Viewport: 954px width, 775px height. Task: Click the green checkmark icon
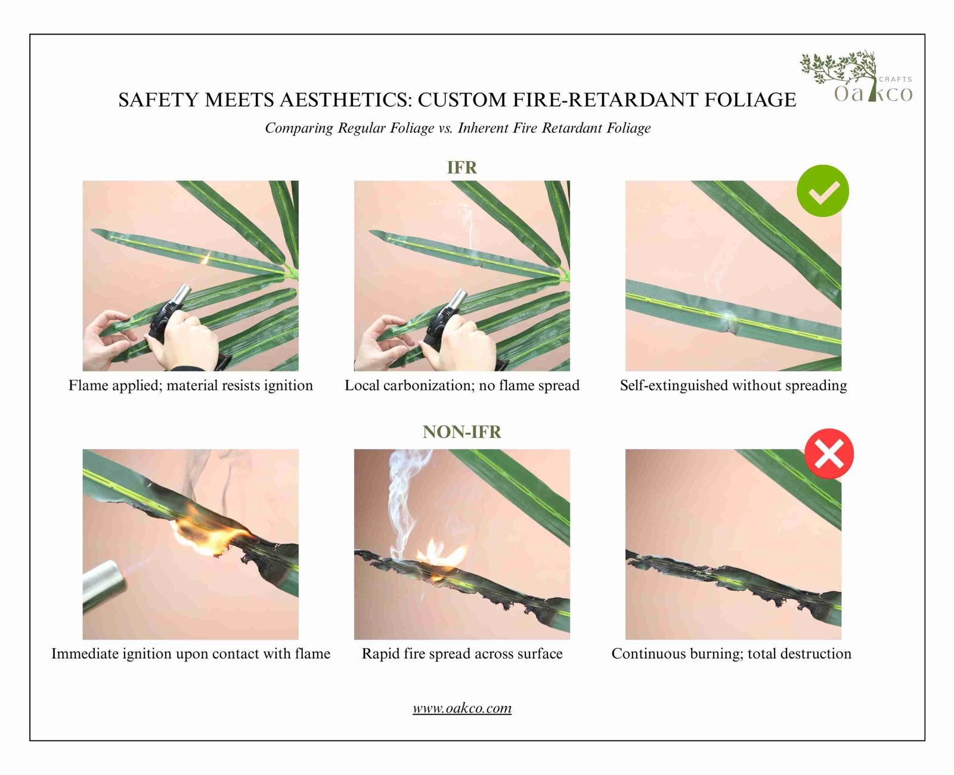[x=823, y=191]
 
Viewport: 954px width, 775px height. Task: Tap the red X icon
[x=829, y=454]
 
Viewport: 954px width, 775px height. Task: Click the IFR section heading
[x=461, y=168]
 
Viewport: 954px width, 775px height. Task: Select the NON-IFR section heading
[x=461, y=432]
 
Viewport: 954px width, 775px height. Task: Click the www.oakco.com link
[x=461, y=708]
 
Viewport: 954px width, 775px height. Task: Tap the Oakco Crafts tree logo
[x=856, y=77]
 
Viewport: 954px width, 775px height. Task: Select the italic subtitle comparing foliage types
[x=457, y=128]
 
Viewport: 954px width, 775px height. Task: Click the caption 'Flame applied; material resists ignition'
[x=190, y=386]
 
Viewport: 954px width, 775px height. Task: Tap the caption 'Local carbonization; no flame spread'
[x=461, y=386]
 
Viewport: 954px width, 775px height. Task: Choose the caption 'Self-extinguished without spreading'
[x=733, y=386]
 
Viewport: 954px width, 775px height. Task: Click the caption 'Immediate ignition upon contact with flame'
[x=190, y=654]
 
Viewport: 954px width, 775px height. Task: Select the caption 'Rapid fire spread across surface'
[x=461, y=654]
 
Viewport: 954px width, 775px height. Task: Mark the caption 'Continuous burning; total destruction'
[x=731, y=654]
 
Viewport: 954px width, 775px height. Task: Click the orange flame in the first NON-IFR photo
[x=209, y=534]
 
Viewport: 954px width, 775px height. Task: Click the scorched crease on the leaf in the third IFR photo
[x=731, y=322]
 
